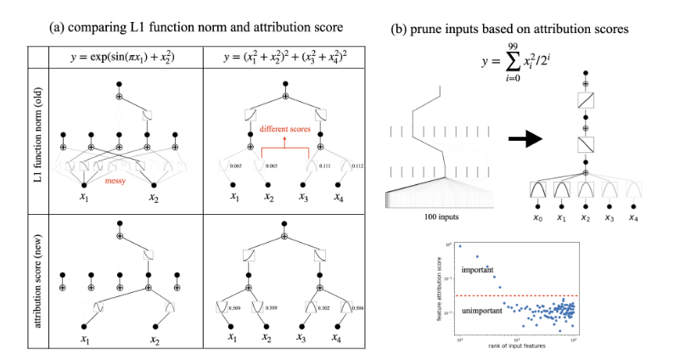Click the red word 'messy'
(x=115, y=180)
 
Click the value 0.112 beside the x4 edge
(x=357, y=166)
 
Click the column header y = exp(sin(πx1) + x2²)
(x=126, y=57)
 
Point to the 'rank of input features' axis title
(x=517, y=346)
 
